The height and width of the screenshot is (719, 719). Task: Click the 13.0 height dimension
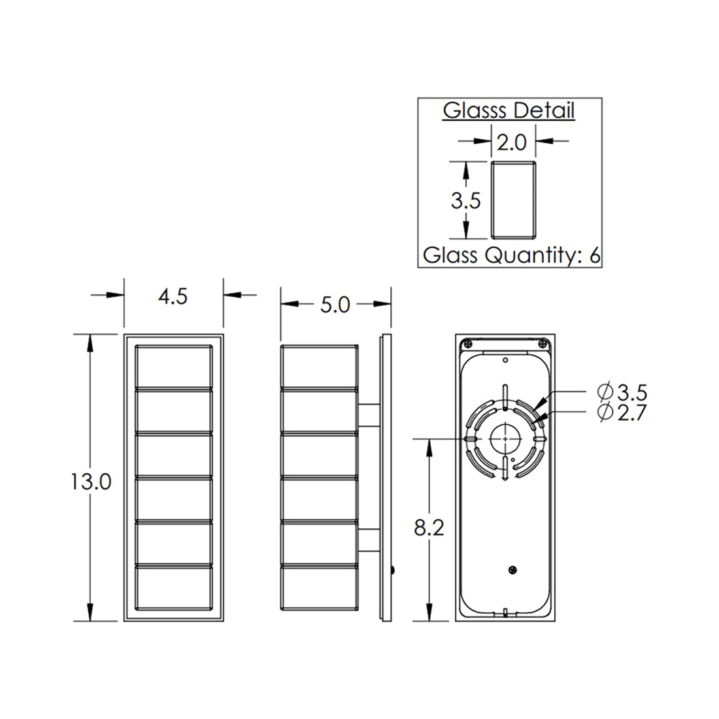[x=92, y=482]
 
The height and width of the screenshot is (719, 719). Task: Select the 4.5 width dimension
[x=173, y=296]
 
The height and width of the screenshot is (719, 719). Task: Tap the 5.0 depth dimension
[x=335, y=305]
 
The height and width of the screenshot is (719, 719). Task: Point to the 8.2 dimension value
[x=429, y=528]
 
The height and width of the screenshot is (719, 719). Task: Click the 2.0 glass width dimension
[x=512, y=142]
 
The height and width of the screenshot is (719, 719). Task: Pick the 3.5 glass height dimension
[x=465, y=201]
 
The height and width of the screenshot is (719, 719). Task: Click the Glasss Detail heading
[x=509, y=110]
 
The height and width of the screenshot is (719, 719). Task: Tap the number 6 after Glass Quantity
[x=594, y=255]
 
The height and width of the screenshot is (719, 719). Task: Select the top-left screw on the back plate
[x=469, y=343]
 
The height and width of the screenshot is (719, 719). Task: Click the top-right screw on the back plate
[x=543, y=343]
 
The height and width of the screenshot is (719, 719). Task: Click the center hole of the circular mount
[x=505, y=438]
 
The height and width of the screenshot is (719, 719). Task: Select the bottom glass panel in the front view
[x=174, y=587]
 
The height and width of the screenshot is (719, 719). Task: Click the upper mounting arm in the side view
[x=369, y=416]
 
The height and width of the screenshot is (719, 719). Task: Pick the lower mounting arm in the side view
[x=369, y=541]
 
